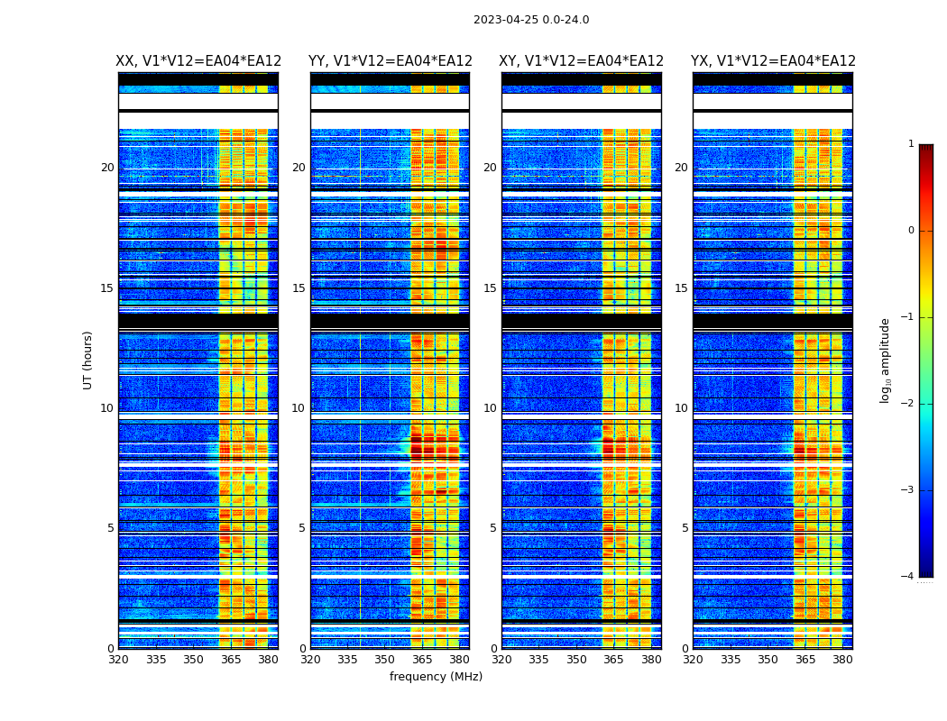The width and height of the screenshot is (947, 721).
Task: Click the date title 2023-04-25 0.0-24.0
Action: pyautogui.click(x=531, y=20)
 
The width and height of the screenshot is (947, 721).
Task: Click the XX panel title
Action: pyautogui.click(x=198, y=61)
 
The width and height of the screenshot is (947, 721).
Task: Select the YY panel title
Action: pyautogui.click(x=390, y=61)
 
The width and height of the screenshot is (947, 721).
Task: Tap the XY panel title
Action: pyautogui.click(x=582, y=61)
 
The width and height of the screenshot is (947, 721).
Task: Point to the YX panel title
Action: pyautogui.click(x=773, y=61)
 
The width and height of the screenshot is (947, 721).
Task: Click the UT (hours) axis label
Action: pyautogui.click(x=88, y=360)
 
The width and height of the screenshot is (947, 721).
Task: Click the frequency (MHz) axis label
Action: pyautogui.click(x=436, y=677)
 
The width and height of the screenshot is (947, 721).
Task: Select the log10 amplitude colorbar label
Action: pyautogui.click(x=886, y=360)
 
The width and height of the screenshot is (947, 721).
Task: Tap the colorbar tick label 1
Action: pyautogui.click(x=911, y=144)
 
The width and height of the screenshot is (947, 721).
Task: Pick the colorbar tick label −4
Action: pyautogui.click(x=908, y=577)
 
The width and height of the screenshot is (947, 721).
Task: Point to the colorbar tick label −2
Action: pyautogui.click(x=908, y=404)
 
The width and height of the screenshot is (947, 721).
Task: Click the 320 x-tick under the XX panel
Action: pyautogui.click(x=118, y=660)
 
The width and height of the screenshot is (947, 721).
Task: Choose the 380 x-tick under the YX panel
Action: pyautogui.click(x=842, y=660)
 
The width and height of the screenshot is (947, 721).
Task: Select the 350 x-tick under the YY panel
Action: pyautogui.click(x=385, y=660)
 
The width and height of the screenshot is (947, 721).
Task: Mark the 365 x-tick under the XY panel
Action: pyautogui.click(x=613, y=660)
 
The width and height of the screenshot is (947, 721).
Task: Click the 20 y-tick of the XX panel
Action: pyautogui.click(x=107, y=168)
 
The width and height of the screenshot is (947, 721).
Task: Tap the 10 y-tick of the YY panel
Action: pyautogui.click(x=299, y=408)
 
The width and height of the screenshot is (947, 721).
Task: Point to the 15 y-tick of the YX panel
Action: pyautogui.click(x=681, y=288)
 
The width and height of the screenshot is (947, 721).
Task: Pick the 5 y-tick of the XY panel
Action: pyautogui.click(x=493, y=528)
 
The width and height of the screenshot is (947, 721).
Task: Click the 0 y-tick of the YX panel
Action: pyautogui.click(x=685, y=649)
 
